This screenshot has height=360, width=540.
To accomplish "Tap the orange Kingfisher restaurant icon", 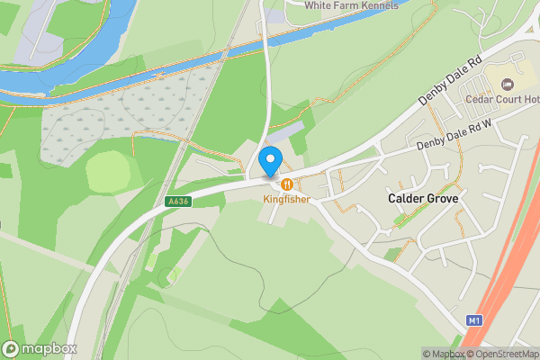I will [x=286, y=184].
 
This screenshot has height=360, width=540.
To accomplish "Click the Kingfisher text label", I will [x=286, y=198].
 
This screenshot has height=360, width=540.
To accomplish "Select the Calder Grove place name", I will [x=423, y=198].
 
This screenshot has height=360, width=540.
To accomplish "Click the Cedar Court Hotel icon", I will [x=506, y=85].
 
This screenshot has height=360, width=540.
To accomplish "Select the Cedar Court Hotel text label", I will [x=500, y=100].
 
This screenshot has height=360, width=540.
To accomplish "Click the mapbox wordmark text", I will [x=49, y=348].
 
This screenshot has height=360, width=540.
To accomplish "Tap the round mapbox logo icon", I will [x=11, y=348].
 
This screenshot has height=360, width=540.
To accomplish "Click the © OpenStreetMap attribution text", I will [x=503, y=354].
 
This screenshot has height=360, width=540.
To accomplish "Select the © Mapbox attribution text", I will [x=443, y=354].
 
